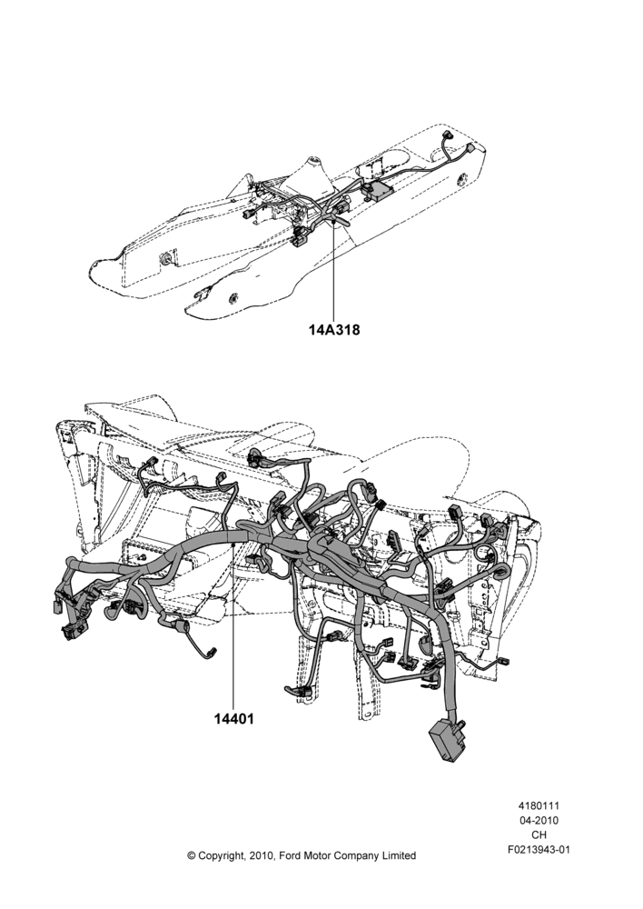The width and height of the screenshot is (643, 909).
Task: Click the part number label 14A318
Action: tap(333, 330)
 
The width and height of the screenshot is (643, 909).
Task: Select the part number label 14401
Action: tap(233, 719)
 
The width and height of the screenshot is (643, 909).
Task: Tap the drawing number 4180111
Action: tap(539, 806)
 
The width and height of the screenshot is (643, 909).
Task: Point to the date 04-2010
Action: tap(539, 821)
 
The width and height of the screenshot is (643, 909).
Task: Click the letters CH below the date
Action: tap(539, 835)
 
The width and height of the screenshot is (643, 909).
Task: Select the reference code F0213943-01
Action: tap(539, 850)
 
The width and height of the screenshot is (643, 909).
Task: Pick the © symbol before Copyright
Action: tap(191, 855)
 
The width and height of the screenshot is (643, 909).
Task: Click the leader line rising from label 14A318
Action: tap(334, 269)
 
